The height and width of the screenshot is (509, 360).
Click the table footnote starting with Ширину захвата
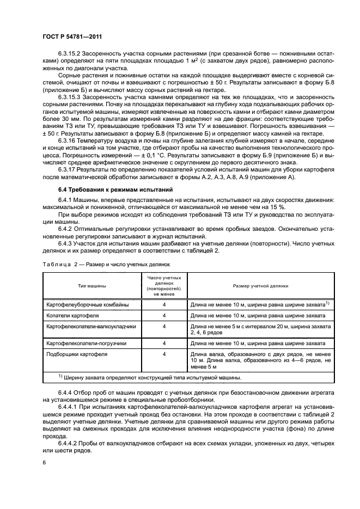pyautogui.click(x=150, y=378)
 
